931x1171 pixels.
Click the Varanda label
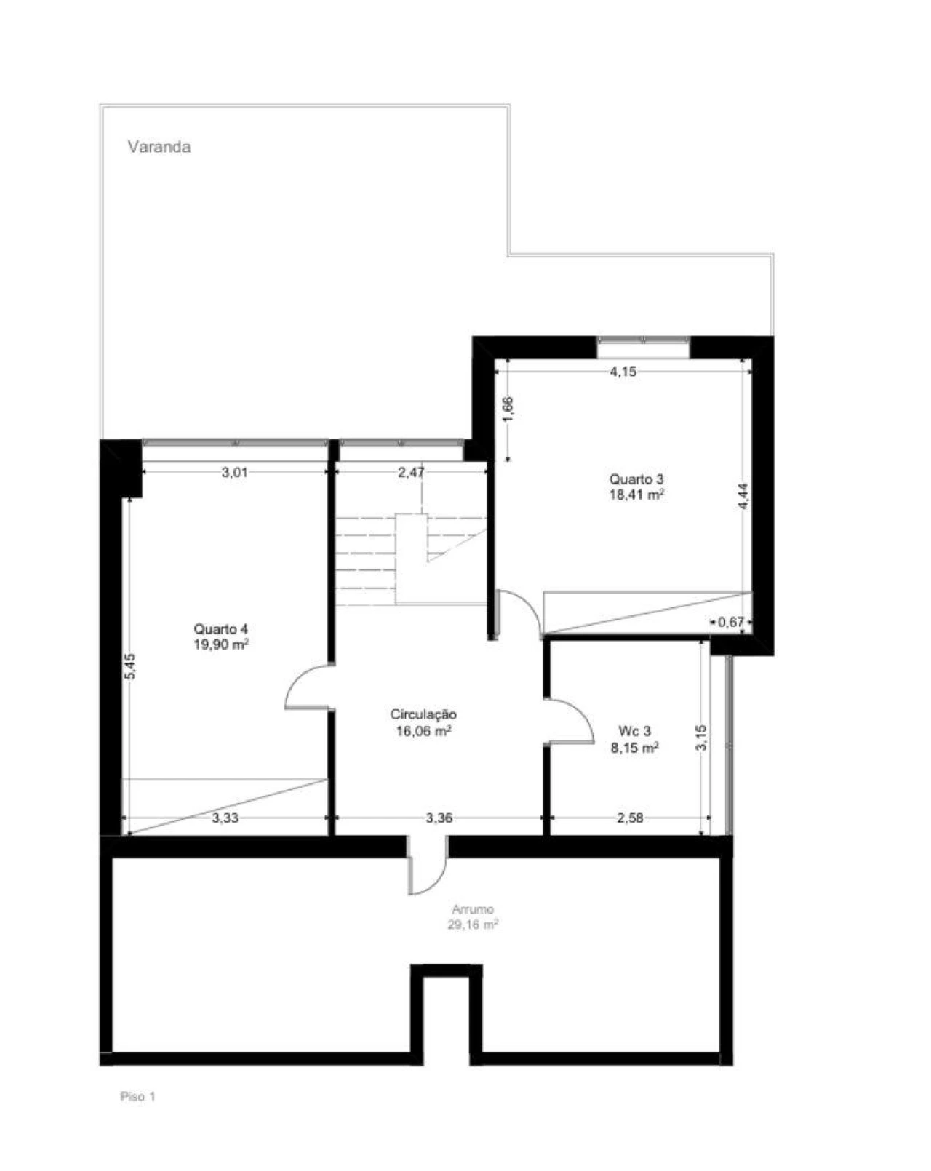click(x=159, y=147)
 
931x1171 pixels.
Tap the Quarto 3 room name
click(x=636, y=479)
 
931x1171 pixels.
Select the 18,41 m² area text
click(x=636, y=495)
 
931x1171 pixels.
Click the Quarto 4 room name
click(x=221, y=628)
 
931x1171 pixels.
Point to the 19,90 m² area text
click(x=221, y=644)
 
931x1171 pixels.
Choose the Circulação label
click(x=423, y=715)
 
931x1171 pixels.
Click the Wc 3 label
click(x=634, y=732)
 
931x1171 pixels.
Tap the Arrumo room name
click(x=473, y=909)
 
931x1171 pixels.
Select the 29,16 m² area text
click(x=473, y=924)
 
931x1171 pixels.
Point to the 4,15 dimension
click(x=623, y=372)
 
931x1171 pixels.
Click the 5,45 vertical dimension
click(x=130, y=666)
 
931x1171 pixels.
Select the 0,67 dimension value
click(x=730, y=621)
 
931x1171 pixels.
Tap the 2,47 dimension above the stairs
click(x=411, y=472)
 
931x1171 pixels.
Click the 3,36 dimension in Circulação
click(x=439, y=818)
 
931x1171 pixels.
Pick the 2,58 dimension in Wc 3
click(x=630, y=818)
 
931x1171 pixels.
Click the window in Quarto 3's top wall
click(x=643, y=340)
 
